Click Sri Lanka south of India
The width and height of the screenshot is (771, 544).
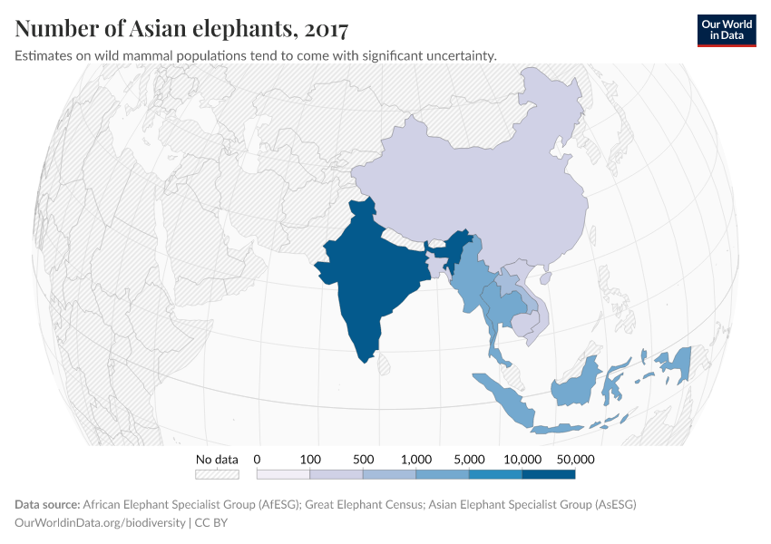point(384,364)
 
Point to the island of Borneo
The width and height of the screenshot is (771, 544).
point(577,384)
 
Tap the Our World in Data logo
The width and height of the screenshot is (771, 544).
point(727,30)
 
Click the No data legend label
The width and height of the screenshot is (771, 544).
point(217,460)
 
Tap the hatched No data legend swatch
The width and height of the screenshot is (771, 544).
point(217,473)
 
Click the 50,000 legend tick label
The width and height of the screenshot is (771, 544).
point(575,460)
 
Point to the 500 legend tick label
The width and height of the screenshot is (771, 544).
point(363,460)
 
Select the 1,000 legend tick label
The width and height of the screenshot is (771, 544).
point(415,460)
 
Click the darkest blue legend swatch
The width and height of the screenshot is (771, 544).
point(549,473)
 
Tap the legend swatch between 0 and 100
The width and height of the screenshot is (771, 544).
point(283,473)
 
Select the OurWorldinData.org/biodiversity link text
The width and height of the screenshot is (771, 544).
point(100,522)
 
